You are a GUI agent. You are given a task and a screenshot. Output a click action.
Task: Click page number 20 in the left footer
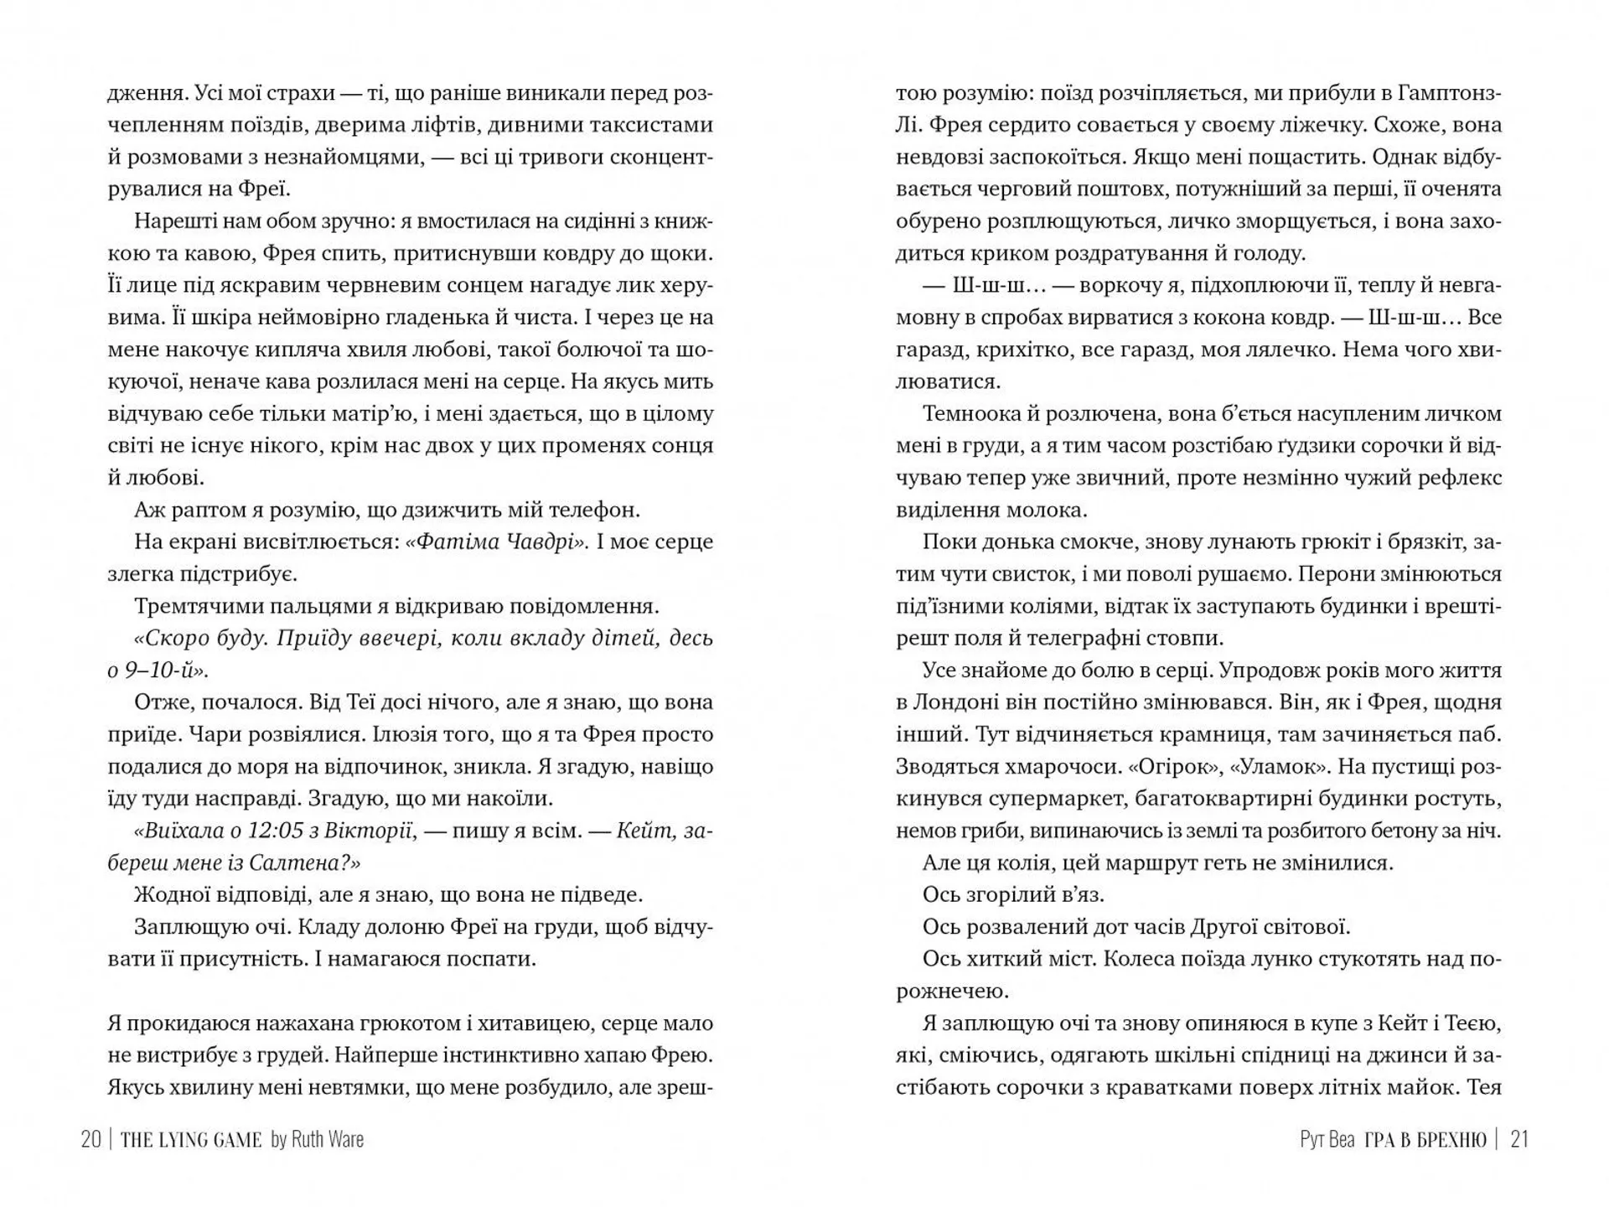pyautogui.click(x=91, y=1140)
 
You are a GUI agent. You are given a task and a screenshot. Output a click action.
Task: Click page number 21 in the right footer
pyautogui.click(x=1519, y=1140)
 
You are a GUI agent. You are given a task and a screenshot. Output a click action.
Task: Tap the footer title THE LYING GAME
pyautogui.click(x=191, y=1140)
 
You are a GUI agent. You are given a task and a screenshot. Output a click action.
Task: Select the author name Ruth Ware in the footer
pyautogui.click(x=328, y=1140)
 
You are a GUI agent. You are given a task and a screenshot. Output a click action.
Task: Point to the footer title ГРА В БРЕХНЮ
pyautogui.click(x=1425, y=1140)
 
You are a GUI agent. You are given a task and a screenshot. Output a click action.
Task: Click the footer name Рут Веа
pyautogui.click(x=1327, y=1140)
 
